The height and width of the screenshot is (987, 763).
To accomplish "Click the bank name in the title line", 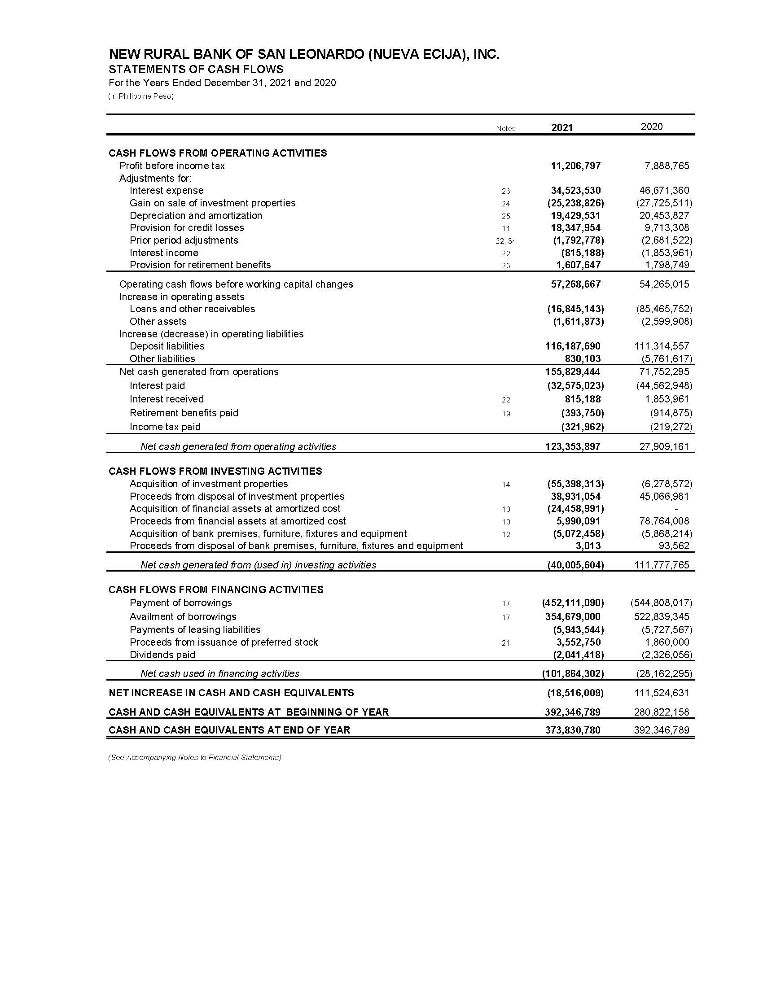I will click(x=304, y=55).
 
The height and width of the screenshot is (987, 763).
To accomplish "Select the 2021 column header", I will click(x=562, y=128).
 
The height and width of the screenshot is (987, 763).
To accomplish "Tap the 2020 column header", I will click(x=651, y=127).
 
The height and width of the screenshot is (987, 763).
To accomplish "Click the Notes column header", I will click(x=505, y=129).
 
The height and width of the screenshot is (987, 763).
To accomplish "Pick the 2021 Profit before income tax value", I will click(x=575, y=166).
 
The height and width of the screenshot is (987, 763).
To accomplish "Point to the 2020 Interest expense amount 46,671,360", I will click(x=664, y=191).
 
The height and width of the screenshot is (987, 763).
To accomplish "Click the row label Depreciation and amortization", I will click(x=196, y=215).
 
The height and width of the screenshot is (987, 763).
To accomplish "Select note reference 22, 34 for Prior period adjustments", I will click(x=505, y=241).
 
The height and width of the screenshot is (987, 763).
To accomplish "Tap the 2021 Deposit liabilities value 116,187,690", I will click(x=573, y=346).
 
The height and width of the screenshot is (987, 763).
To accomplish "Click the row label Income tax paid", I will click(x=165, y=427).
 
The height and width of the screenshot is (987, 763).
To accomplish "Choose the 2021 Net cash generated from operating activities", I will click(x=573, y=447).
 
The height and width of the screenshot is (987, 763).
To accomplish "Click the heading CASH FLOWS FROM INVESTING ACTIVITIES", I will click(x=215, y=472).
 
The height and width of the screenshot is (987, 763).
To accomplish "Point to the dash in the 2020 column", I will click(x=676, y=509).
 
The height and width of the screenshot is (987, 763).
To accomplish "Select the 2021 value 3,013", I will click(x=588, y=546).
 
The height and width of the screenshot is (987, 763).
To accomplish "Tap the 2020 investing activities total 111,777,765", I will click(x=662, y=565).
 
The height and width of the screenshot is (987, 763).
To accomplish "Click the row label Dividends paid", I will click(x=162, y=655).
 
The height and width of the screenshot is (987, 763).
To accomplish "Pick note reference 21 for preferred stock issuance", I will click(x=505, y=643).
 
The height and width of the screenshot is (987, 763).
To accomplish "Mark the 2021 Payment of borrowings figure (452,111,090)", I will click(x=573, y=603).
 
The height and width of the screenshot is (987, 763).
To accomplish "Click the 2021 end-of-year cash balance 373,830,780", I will click(x=573, y=730).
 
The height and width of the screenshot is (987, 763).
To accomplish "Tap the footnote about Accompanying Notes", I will click(x=194, y=757).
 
